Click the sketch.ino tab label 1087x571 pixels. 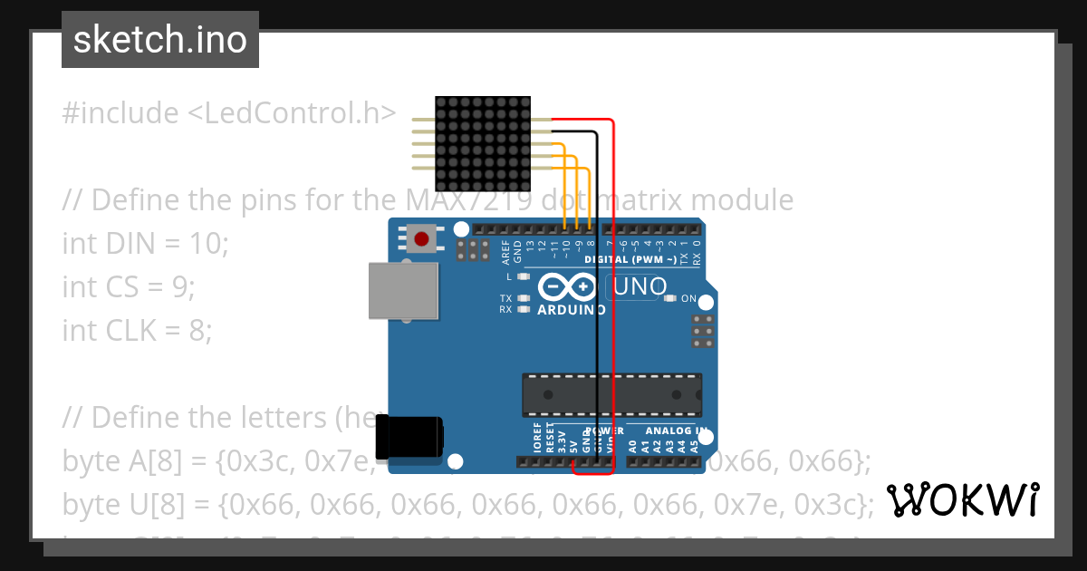coord(160,40)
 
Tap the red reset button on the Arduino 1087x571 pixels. coord(421,239)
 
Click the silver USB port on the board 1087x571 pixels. coord(403,291)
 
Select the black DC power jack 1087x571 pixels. coord(409,436)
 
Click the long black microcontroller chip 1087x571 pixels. coord(611,395)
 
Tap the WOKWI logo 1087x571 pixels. coord(963,499)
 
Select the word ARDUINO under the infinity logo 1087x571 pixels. coord(572,310)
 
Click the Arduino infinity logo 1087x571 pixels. coord(566,287)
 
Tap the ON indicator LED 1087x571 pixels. coord(670,298)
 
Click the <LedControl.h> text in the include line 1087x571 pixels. coord(292,113)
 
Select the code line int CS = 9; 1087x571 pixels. coord(129,286)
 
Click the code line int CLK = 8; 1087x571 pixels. coord(137,331)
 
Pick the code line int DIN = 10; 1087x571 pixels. coord(146,243)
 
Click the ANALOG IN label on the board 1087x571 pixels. coord(677,431)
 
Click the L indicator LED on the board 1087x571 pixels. coord(523,276)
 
